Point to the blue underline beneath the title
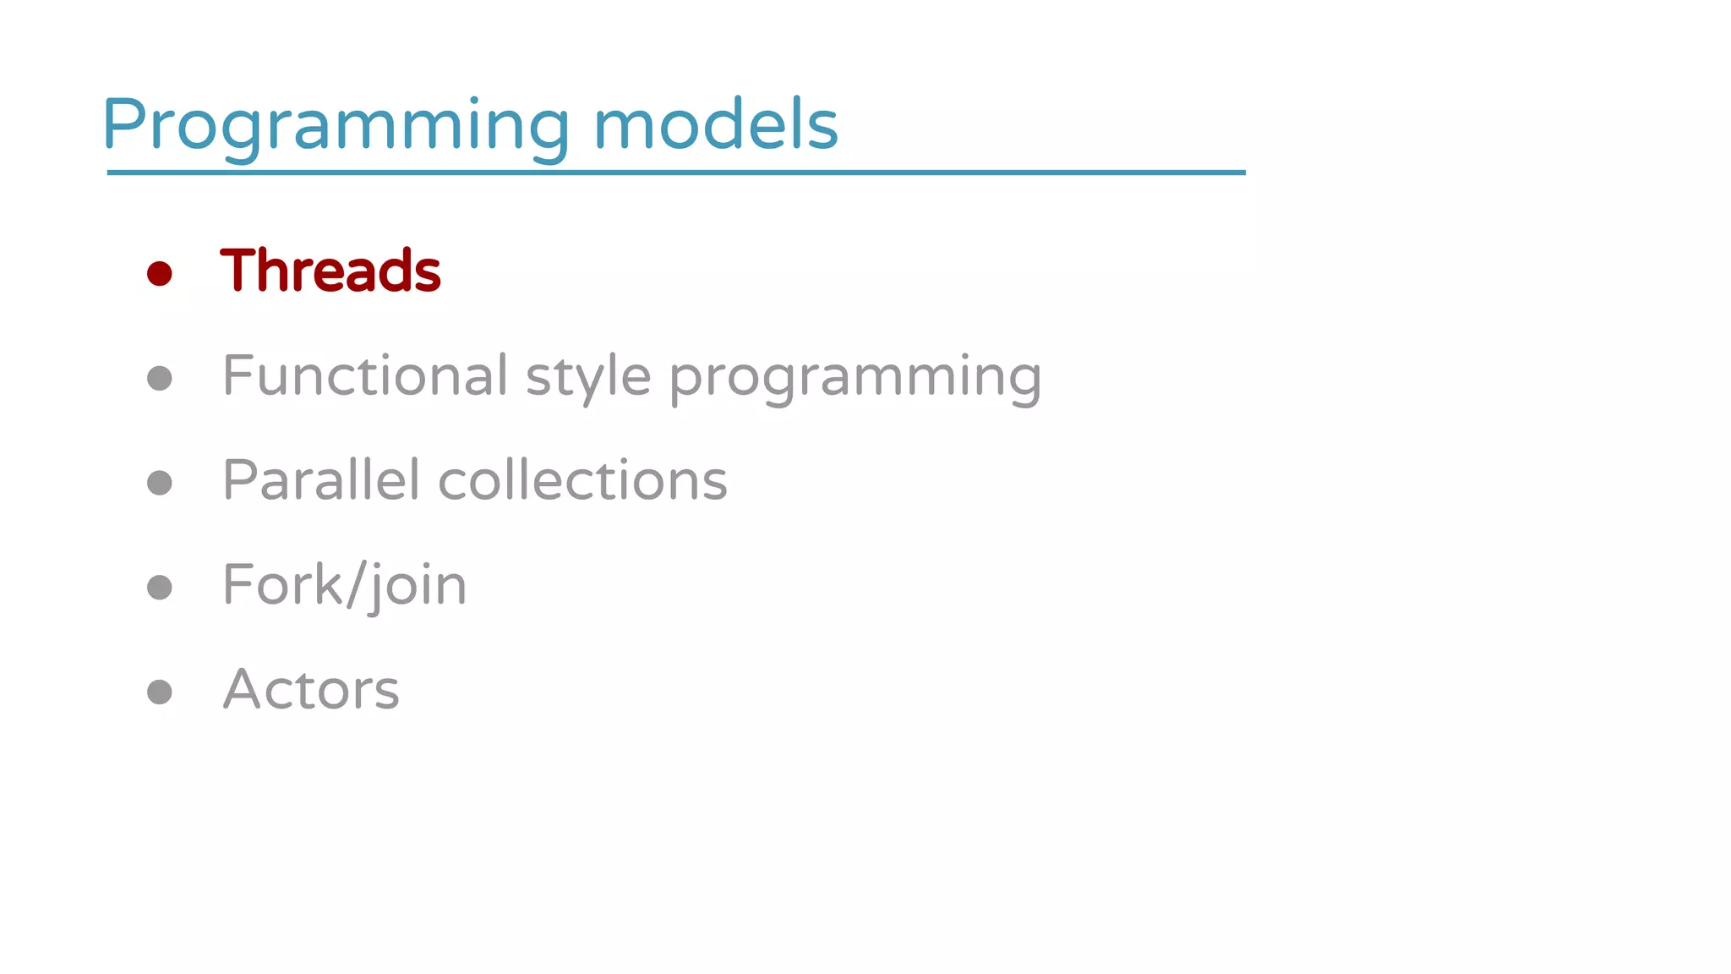(x=676, y=172)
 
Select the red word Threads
(x=330, y=271)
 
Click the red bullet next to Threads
(x=160, y=273)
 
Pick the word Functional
(x=365, y=375)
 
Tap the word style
(x=588, y=377)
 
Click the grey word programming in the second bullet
(x=855, y=377)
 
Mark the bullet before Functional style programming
(x=160, y=378)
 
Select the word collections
(x=582, y=480)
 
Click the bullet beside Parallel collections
(x=160, y=483)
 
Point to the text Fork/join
(x=345, y=585)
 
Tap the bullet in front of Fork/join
(x=160, y=587)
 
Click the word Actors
(x=311, y=689)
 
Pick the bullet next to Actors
(x=160, y=692)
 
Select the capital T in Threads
(x=238, y=271)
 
